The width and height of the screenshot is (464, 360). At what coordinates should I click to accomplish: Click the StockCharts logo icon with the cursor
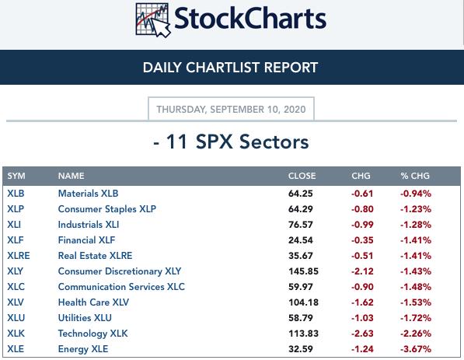pos(153,20)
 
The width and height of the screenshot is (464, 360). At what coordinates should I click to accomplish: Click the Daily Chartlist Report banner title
pos(230,68)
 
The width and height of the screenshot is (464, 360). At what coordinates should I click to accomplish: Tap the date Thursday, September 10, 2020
pos(231,109)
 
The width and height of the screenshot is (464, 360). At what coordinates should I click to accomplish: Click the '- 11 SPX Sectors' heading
pos(231,142)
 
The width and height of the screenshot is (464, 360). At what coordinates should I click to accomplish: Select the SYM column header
pos(16,176)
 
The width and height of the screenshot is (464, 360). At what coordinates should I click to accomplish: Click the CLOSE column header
pos(302,176)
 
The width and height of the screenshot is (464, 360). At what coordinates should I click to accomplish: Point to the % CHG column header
pos(415,176)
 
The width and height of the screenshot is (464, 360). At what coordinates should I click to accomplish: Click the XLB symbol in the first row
pos(16,194)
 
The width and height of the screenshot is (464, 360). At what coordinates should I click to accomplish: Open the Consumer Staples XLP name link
pos(106,209)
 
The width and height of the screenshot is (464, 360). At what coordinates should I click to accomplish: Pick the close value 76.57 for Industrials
pos(300,225)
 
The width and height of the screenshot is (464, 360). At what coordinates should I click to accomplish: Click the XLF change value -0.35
pos(362,240)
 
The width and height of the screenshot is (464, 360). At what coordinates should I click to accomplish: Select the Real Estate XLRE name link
pos(95,256)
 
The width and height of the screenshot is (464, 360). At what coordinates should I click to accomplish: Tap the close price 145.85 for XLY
pos(303,271)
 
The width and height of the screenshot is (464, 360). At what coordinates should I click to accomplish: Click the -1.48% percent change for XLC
pos(416,287)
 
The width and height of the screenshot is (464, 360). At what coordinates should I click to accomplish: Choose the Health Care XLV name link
pos(93,302)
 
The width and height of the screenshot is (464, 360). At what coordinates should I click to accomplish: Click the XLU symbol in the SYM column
pos(16,318)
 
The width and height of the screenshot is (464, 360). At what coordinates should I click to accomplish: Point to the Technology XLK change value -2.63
pos(362,334)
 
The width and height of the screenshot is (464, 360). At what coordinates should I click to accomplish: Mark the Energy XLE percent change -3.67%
pos(416,349)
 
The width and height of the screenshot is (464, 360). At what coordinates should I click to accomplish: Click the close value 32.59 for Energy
pos(300,349)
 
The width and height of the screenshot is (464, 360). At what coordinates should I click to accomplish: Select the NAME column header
pos(71,176)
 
